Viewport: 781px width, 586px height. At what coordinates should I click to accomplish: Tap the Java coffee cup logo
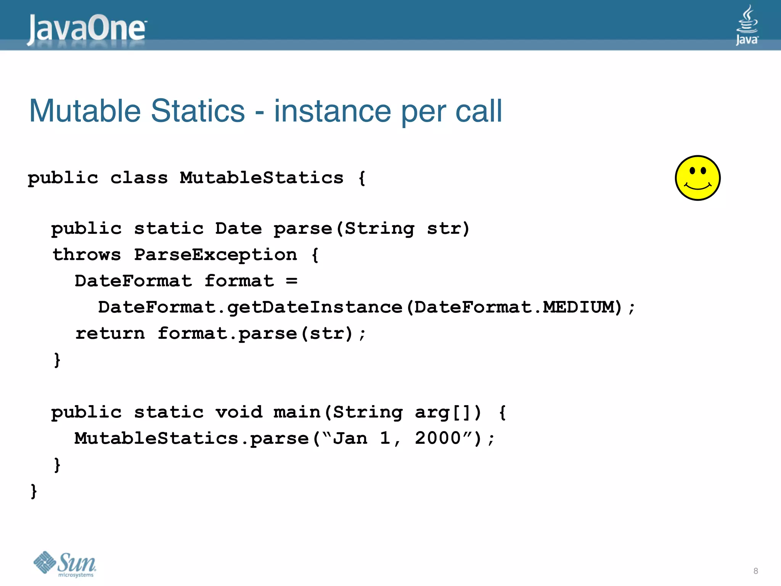pyautogui.click(x=747, y=24)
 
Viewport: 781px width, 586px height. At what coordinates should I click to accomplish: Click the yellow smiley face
pyautogui.click(x=697, y=178)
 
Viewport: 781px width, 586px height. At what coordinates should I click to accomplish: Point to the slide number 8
pyautogui.click(x=755, y=571)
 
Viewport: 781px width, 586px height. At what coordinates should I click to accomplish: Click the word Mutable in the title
pyautogui.click(x=85, y=111)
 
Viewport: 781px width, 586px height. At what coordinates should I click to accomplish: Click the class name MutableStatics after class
pyautogui.click(x=262, y=178)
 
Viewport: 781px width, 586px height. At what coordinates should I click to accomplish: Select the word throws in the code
pyautogui.click(x=87, y=254)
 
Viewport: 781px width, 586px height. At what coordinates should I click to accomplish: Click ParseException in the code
pyautogui.click(x=215, y=254)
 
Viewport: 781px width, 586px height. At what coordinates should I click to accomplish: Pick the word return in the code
pyautogui.click(x=110, y=333)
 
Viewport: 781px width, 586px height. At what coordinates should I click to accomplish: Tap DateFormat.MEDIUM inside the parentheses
pyautogui.click(x=515, y=307)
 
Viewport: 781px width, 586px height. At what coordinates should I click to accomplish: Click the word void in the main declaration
pyautogui.click(x=239, y=412)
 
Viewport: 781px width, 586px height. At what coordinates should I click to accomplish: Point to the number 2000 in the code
pyautogui.click(x=438, y=438)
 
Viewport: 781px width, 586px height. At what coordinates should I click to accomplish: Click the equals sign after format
pyautogui.click(x=292, y=281)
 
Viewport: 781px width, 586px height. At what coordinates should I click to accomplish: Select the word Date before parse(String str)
pyautogui.click(x=238, y=229)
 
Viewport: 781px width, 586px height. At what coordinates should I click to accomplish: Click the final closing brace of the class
pyautogui.click(x=34, y=491)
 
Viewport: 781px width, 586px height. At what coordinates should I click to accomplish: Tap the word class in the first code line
pyautogui.click(x=139, y=178)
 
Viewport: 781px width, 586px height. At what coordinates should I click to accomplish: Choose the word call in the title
pyautogui.click(x=479, y=111)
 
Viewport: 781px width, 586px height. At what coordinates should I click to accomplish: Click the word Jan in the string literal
pyautogui.click(x=350, y=438)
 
